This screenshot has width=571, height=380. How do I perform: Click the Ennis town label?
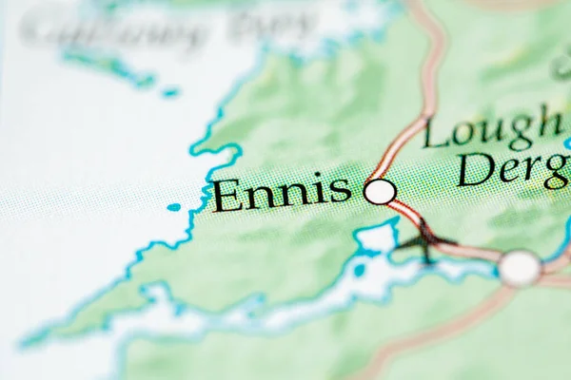click(282, 193)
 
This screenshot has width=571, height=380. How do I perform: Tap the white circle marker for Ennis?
click(380, 192)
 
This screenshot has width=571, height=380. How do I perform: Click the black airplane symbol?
click(425, 240)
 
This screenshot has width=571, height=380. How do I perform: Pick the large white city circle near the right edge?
click(520, 268)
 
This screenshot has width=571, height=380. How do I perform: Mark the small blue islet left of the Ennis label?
click(173, 206)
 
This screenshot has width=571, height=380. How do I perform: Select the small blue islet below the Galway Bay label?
click(169, 92)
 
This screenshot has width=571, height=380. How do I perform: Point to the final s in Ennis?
click(341, 191)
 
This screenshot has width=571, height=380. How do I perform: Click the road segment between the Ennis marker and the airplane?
click(405, 213)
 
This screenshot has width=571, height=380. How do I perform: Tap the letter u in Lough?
click(493, 133)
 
